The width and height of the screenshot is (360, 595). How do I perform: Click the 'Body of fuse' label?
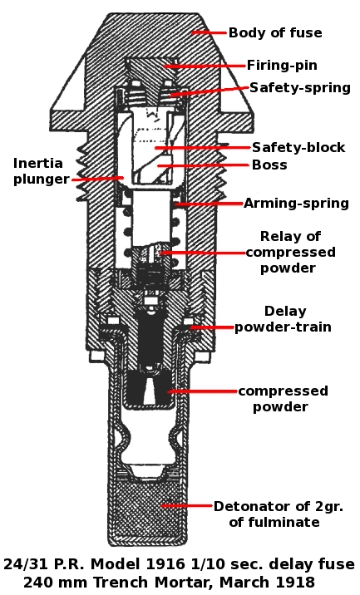pyautogui.click(x=275, y=33)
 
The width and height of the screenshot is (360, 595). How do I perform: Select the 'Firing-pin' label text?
pyautogui.click(x=282, y=66)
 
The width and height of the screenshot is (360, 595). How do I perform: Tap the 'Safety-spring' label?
pyautogui.click(x=299, y=87)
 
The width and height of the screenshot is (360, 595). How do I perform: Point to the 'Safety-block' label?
pyautogui.click(x=298, y=147)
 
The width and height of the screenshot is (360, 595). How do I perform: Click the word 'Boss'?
pyautogui.click(x=269, y=165)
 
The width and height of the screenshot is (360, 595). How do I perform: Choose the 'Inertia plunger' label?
pyautogui.click(x=42, y=171)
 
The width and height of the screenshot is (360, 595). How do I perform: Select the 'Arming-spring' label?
pyautogui.click(x=296, y=204)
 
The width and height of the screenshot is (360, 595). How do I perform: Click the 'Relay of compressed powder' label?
pyautogui.click(x=290, y=252)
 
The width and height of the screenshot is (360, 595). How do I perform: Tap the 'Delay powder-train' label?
pyautogui.click(x=283, y=319)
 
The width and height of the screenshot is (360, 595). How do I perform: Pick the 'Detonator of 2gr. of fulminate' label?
pyautogui.click(x=278, y=514)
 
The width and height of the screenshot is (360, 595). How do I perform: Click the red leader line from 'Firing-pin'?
pyautogui.click(x=205, y=66)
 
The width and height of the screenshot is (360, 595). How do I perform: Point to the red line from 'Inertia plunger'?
pyautogui.click(x=97, y=178)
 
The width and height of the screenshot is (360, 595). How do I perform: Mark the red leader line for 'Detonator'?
pyautogui.click(x=187, y=505)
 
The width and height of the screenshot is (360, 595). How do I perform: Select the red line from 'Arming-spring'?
pyautogui.click(x=209, y=204)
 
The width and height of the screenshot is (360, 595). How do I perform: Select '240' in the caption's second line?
pyautogui.click(x=37, y=582)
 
